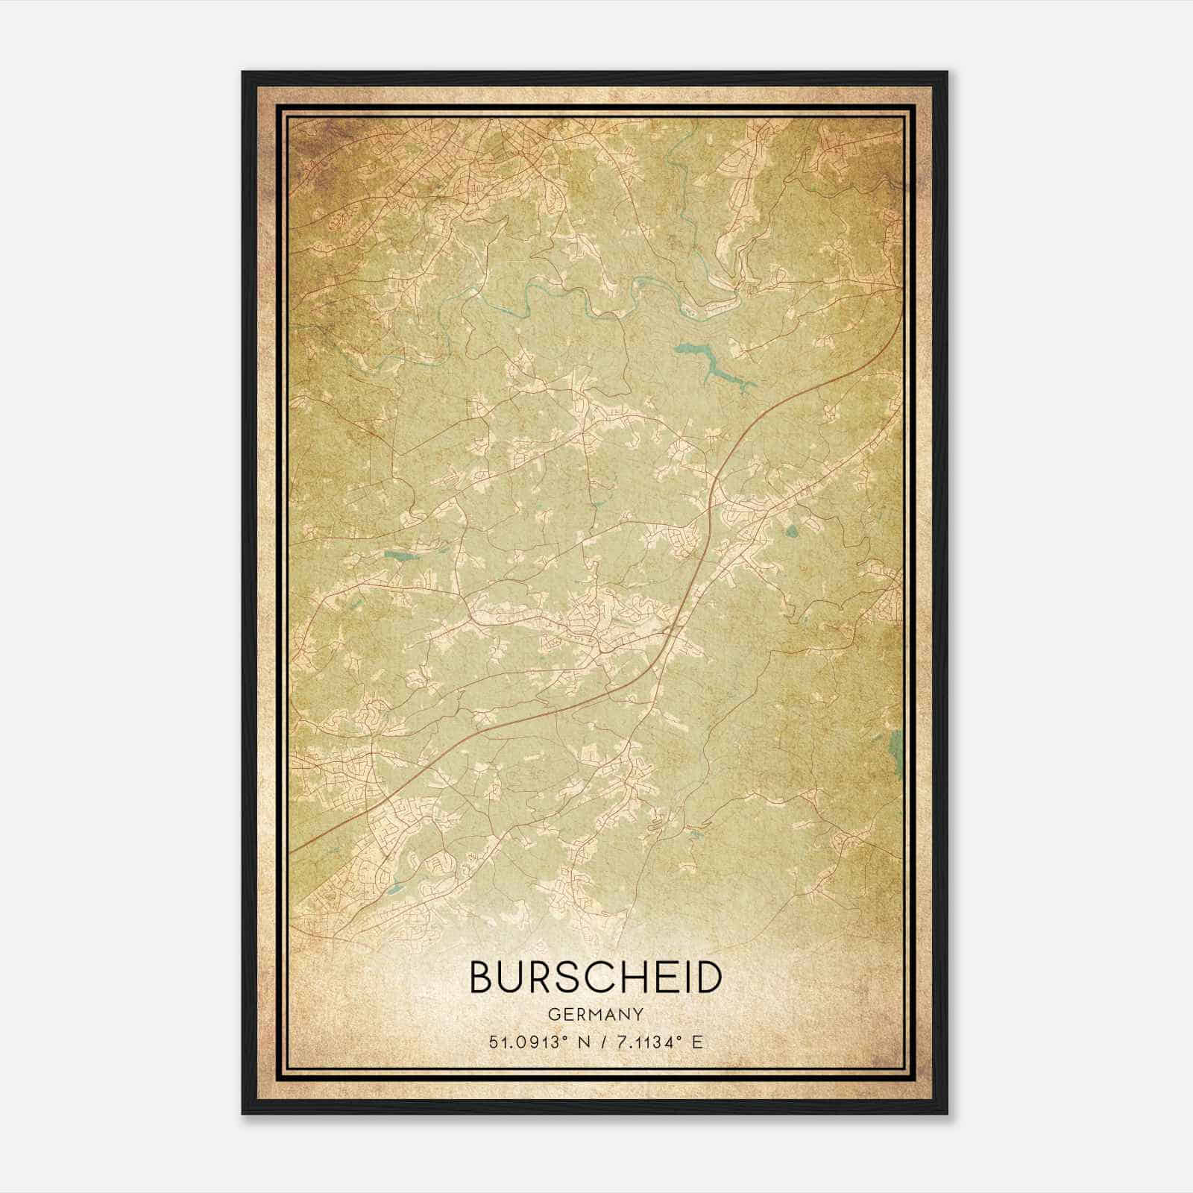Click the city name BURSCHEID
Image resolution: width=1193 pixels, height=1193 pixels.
(596, 978)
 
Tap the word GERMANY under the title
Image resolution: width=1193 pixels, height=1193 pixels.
(596, 1014)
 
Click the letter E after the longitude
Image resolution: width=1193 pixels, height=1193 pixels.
(697, 1042)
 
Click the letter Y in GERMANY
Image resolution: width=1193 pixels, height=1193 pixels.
(639, 1014)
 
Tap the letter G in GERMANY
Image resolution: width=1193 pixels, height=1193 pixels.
(552, 1014)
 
